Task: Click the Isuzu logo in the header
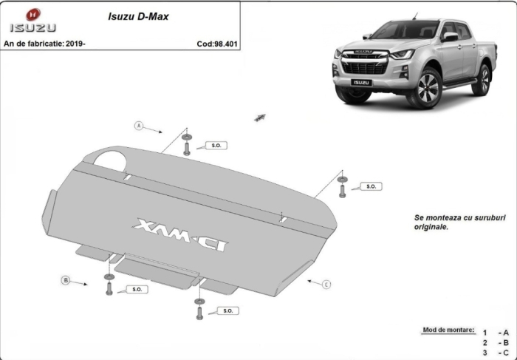click(32, 21)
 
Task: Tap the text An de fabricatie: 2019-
click(45, 44)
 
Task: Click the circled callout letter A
click(138, 126)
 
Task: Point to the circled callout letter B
click(65, 280)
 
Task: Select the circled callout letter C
click(326, 284)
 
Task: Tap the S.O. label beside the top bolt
click(216, 146)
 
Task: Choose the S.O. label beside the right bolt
click(372, 187)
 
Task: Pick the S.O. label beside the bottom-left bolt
click(137, 289)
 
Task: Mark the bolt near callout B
click(109, 287)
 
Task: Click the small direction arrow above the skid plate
click(259, 118)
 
